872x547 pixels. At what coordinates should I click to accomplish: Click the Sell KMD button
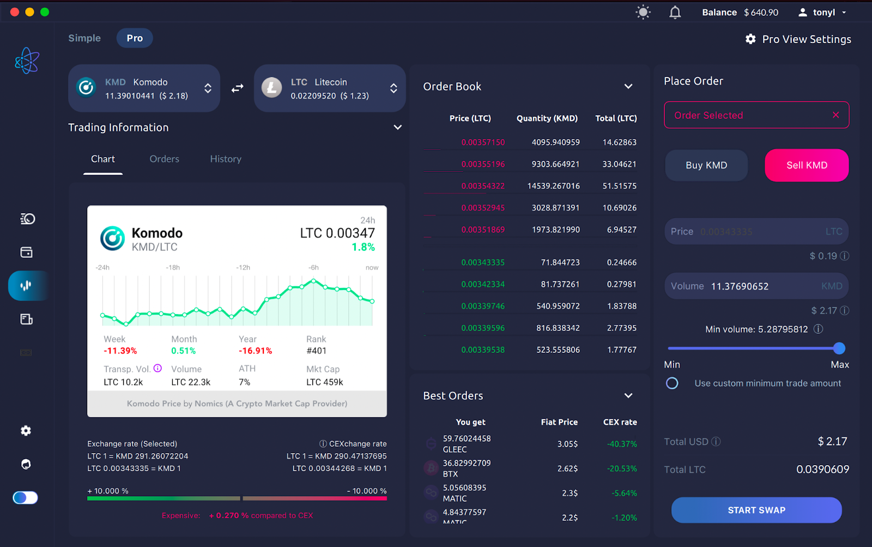tap(807, 165)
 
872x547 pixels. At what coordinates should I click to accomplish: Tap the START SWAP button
tap(756, 510)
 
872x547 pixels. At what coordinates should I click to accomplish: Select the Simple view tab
tap(84, 38)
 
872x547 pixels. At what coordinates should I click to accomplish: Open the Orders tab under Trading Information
tap(164, 159)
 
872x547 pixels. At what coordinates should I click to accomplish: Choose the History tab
tap(226, 159)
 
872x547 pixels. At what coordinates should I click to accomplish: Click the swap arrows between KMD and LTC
tap(237, 88)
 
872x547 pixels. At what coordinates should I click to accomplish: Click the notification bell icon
tap(675, 13)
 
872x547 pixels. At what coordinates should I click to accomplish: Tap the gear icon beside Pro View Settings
tap(750, 39)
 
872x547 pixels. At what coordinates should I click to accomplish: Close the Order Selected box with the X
tap(835, 115)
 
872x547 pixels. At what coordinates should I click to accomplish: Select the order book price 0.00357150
tap(483, 142)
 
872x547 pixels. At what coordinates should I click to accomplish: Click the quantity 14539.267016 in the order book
tap(553, 186)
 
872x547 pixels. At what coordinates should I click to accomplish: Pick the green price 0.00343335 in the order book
tap(483, 262)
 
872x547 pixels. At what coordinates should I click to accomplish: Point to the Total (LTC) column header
tap(616, 118)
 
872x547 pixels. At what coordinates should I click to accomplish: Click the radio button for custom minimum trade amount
tap(672, 383)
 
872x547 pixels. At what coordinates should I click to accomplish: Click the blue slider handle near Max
tap(839, 348)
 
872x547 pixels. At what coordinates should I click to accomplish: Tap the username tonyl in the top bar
tap(823, 13)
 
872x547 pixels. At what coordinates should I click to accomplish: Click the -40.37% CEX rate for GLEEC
tap(622, 444)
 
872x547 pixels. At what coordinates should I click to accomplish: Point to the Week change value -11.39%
tap(120, 351)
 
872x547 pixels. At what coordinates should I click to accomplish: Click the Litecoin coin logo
tap(271, 88)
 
